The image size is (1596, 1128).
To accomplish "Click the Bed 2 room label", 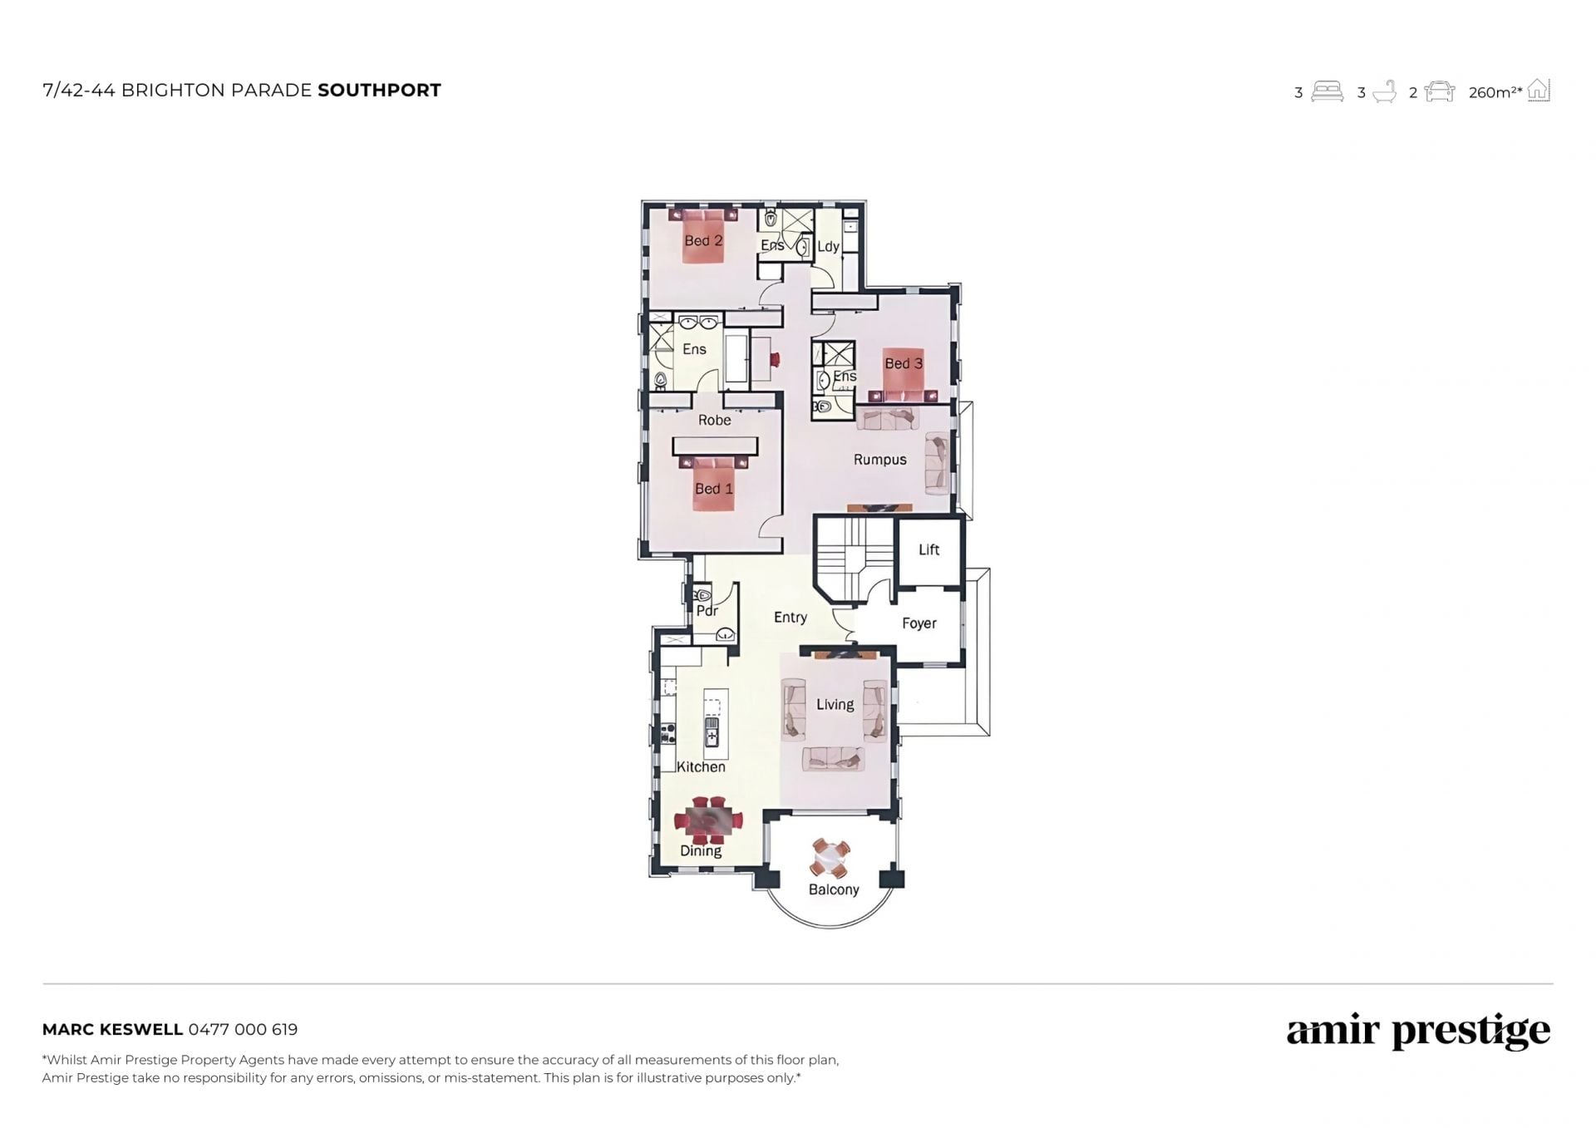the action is click(703, 241).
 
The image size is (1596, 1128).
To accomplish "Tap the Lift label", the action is click(929, 549).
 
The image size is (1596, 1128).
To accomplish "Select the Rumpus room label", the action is click(879, 460).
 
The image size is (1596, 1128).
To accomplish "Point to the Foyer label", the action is click(919, 623).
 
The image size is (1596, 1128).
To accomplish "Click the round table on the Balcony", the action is click(830, 859).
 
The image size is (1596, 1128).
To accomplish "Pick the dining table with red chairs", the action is click(708, 820).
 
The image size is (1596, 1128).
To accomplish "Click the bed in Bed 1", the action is click(714, 482).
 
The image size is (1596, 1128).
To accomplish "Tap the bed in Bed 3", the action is click(903, 374).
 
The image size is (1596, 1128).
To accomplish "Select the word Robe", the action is click(714, 421).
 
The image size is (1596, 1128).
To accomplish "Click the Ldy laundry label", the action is click(828, 247).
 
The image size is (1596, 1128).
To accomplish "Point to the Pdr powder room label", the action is click(707, 611).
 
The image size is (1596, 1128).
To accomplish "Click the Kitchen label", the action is click(701, 767).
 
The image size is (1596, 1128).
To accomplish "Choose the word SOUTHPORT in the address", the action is click(379, 91).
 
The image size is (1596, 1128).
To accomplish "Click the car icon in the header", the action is click(1440, 91).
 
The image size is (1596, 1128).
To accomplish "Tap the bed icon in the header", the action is click(1327, 91).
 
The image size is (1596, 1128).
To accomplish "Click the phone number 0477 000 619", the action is click(243, 1029).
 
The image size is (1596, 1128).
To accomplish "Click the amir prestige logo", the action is click(1418, 1032).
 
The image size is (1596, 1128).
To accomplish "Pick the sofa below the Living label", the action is click(833, 758).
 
